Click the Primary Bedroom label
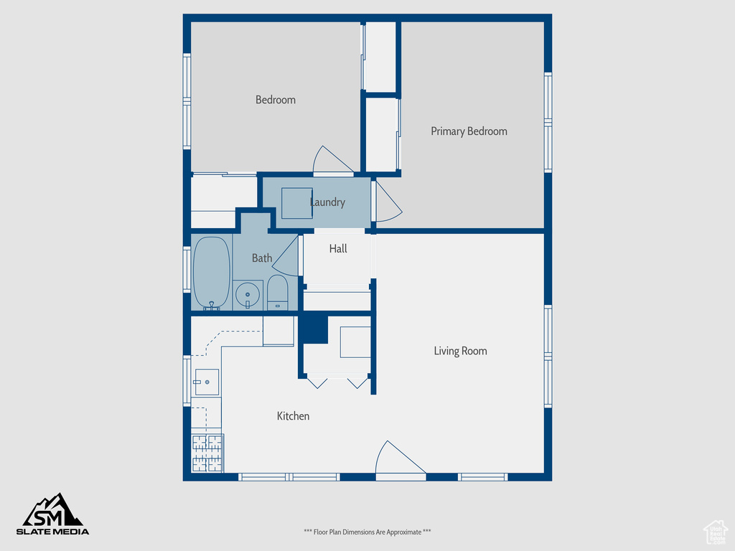469,131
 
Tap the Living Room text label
460,351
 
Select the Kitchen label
293,416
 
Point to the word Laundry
327,202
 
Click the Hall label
338,248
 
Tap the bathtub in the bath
211,273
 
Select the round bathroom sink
248,294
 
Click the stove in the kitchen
207,453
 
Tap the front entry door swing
396,459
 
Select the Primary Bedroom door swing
386,201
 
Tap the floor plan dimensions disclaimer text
367,532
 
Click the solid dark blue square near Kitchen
314,329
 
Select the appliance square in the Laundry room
296,203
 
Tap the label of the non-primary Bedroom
276,100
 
